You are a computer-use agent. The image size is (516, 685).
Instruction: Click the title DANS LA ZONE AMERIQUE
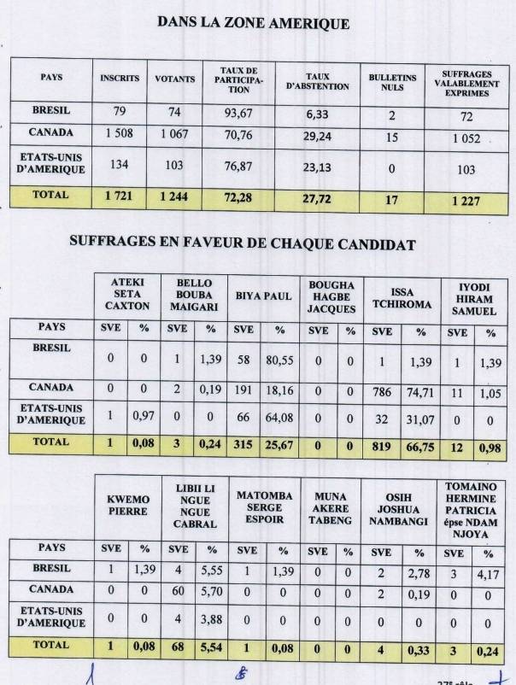(x=253, y=24)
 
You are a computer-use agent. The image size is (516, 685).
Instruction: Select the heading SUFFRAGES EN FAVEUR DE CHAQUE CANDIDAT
(x=242, y=244)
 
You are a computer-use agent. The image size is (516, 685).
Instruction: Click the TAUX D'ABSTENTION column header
(x=317, y=81)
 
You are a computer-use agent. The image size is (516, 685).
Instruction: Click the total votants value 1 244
(x=175, y=197)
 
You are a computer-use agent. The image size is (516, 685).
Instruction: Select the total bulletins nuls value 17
(x=392, y=200)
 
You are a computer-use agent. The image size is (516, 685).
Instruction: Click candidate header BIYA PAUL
(x=264, y=296)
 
